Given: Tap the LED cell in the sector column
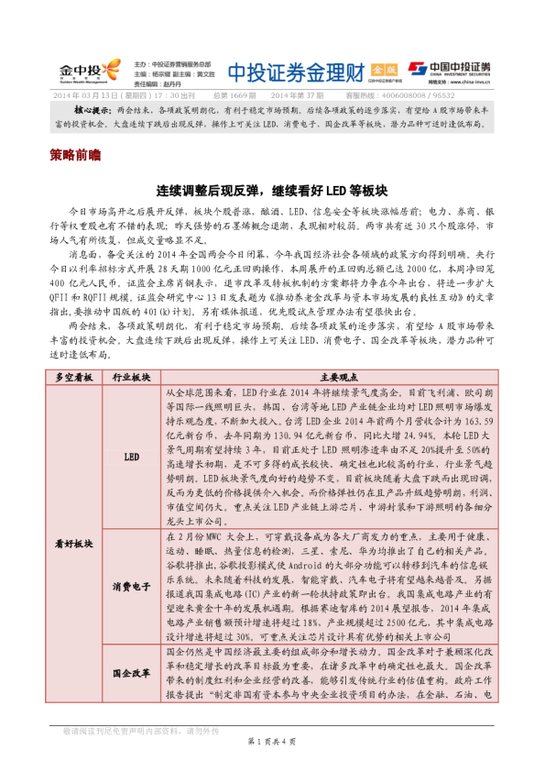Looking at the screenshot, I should [131, 455].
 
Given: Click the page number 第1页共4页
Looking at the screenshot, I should [272, 741].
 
